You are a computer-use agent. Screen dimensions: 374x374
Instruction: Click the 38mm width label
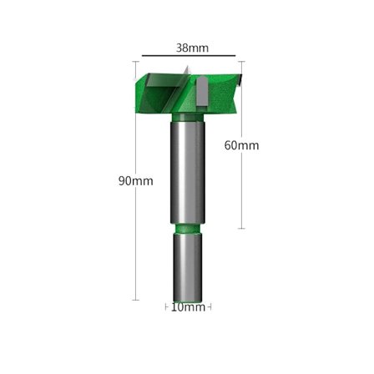pos(192,48)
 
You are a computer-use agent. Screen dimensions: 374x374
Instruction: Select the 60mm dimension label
pos(241,145)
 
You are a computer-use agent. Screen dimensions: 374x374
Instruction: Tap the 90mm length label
pos(136,181)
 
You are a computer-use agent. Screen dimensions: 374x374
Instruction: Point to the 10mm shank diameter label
pos(188,307)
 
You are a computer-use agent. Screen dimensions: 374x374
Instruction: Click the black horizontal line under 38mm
pos(189,56)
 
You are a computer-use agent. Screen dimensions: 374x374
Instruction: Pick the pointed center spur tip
pos(188,66)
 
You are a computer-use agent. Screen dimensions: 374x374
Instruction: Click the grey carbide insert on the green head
pos(202,92)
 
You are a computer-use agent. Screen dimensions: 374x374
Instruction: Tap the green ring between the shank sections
pos(187,229)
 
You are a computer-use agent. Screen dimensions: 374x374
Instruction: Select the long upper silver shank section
pos(188,173)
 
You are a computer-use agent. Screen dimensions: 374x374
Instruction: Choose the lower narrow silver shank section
pos(187,267)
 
